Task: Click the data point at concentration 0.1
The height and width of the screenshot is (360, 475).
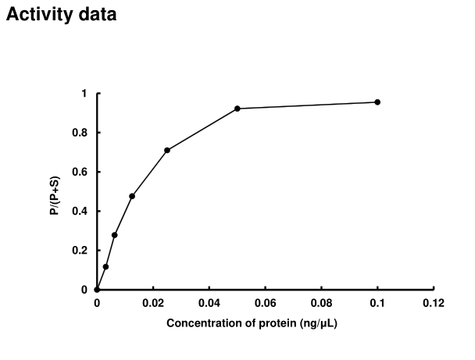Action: pos(377,102)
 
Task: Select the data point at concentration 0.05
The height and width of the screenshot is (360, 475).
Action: pos(237,109)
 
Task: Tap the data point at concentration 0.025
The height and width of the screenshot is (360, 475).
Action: pos(167,150)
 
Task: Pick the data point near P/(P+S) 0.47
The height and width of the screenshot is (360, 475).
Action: pos(132,196)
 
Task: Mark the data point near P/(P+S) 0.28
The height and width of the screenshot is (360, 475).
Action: pos(115,235)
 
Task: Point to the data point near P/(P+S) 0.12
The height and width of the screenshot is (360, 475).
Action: pos(105,266)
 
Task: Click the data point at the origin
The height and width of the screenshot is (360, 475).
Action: pos(97,290)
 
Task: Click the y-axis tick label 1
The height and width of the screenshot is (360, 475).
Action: pos(85,94)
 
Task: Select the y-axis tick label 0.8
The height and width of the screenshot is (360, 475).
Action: pos(81,133)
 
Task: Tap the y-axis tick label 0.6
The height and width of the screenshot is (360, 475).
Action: pos(81,172)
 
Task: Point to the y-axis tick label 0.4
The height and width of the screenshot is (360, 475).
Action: pos(81,211)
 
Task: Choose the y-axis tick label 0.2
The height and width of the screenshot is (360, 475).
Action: pos(81,251)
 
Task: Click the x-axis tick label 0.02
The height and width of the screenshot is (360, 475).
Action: pos(153,303)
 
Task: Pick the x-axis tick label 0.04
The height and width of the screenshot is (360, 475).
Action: pos(209,303)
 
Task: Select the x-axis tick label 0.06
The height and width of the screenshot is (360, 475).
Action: pos(266,303)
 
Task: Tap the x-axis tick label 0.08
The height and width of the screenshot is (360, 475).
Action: pos(322,303)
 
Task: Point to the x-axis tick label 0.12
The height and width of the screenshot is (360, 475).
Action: pos(434,303)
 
